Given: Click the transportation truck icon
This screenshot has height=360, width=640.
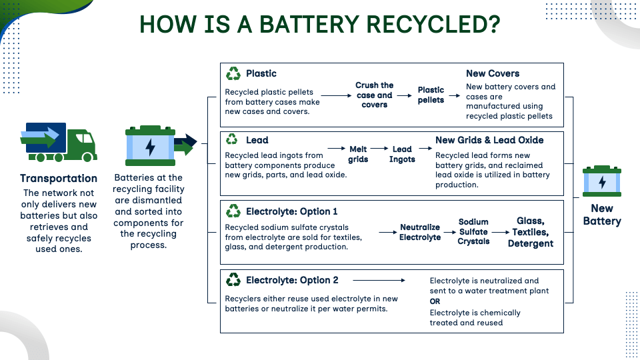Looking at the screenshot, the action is (59, 142).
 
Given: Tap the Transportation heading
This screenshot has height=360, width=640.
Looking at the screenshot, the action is (59, 179).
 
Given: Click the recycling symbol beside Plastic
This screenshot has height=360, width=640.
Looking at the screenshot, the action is (233, 73).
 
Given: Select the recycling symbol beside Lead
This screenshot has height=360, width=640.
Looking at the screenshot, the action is (232, 139).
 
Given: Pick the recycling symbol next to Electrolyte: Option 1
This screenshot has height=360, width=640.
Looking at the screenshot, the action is (233, 211).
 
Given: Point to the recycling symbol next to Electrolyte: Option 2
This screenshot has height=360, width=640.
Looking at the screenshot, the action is (233, 279).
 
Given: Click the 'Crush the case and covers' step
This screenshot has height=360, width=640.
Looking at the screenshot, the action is (374, 95).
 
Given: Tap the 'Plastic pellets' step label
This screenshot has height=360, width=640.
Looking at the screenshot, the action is (431, 95).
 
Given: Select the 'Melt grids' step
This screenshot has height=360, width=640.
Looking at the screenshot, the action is (358, 154).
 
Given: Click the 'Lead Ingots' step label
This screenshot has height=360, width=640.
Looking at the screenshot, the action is (402, 154).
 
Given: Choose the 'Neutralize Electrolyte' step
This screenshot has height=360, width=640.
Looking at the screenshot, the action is (420, 232).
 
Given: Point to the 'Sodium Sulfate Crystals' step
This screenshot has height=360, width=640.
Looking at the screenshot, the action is (473, 232).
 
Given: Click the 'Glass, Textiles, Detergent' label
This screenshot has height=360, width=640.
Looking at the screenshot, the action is (531, 232).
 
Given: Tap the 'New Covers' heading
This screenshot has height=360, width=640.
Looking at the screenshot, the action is (493, 73).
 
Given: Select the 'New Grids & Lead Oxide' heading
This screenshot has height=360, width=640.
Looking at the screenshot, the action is (489, 140).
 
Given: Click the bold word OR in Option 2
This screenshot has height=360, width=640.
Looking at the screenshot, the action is (435, 301).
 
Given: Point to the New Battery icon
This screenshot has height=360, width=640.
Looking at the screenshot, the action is (601, 181).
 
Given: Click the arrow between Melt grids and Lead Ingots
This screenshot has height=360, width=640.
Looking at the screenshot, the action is (379, 149).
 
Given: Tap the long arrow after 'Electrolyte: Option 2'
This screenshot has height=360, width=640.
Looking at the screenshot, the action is (379, 281).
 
